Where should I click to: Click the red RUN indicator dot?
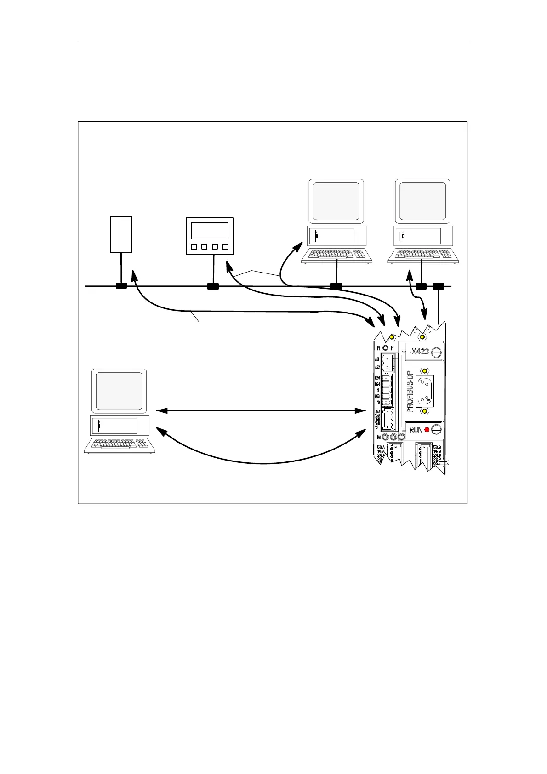point(427,430)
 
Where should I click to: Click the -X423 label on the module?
point(419,352)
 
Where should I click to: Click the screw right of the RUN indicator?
point(436,430)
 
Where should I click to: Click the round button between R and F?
point(385,348)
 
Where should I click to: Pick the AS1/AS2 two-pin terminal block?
point(388,363)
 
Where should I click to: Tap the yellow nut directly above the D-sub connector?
point(425,370)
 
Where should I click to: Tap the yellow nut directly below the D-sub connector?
point(425,410)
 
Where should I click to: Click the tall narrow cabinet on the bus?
point(121,234)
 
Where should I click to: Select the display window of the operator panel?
point(209,231)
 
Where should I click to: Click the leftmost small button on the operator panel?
point(194,247)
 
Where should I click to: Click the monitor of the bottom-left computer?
point(119,391)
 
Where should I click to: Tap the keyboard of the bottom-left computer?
point(120,445)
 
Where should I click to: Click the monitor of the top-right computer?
point(422,201)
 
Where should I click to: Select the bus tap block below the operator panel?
point(213,286)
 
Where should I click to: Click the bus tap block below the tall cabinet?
point(121,286)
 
